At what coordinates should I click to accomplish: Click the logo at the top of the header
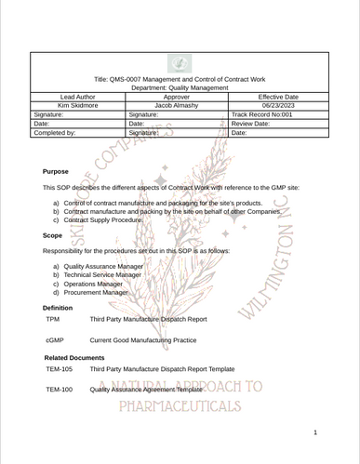coord(180,64)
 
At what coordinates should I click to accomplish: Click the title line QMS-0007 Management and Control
coord(180,80)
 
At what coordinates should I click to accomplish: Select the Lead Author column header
coord(77,97)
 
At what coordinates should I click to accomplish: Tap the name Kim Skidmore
coord(77,106)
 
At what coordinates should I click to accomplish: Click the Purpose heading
coord(56,172)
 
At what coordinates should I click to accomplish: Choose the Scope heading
coord(53,236)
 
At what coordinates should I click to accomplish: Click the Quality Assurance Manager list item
coord(103,267)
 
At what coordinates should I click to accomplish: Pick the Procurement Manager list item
coord(96,292)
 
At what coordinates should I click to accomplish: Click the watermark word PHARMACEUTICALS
coord(180,407)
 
